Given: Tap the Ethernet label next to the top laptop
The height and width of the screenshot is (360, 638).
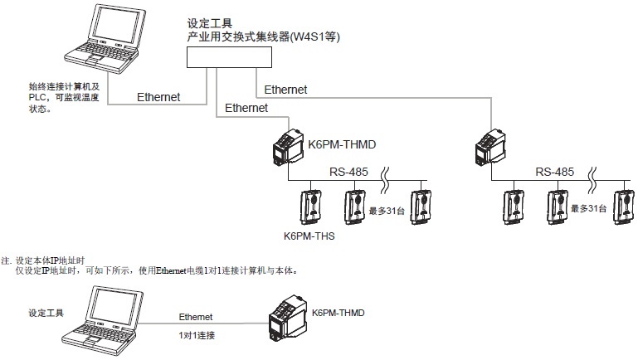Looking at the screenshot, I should coord(159,97).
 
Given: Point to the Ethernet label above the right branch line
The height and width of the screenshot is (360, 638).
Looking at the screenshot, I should coord(285,89).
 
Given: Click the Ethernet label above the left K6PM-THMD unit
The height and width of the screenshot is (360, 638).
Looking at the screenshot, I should coord(246,108).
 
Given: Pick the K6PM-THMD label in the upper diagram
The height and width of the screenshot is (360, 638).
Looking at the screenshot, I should coord(342,145).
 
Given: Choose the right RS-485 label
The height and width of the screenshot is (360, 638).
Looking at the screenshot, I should coord(554,173).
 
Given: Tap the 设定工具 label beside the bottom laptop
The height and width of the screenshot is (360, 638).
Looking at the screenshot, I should coord(46,314).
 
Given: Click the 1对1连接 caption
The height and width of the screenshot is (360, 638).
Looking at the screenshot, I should coord(197,335).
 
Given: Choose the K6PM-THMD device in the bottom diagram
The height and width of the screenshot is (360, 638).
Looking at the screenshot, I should coord(287,324).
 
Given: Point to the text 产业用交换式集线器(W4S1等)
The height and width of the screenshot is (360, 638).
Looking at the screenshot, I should coord(265,37).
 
